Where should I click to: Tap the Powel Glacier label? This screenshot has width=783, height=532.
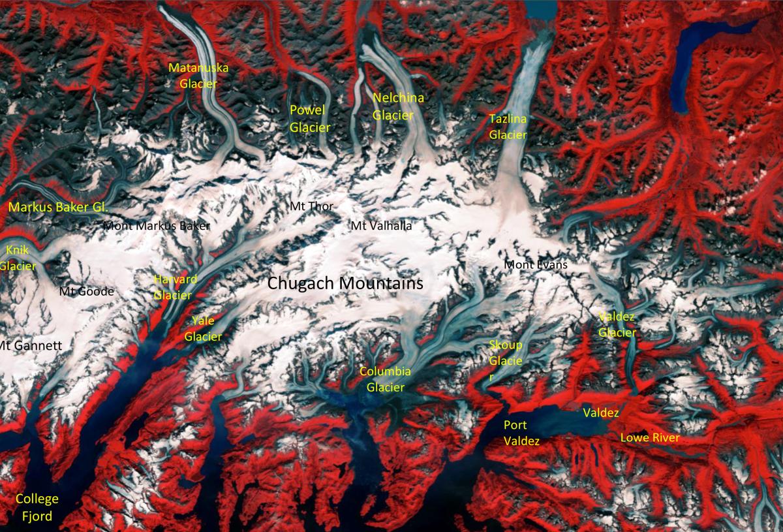click(310, 118)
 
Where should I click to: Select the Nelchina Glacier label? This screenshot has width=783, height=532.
click(398, 106)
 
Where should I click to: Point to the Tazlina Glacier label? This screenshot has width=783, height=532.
click(508, 127)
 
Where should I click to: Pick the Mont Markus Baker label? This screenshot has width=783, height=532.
click(157, 227)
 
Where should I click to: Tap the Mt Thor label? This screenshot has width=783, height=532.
click(311, 206)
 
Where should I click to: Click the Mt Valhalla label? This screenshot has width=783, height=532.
click(381, 226)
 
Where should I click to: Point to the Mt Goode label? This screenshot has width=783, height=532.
click(86, 291)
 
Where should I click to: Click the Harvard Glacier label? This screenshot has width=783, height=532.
click(174, 287)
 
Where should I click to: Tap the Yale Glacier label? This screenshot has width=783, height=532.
click(203, 328)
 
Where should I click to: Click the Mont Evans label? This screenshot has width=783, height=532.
click(536, 265)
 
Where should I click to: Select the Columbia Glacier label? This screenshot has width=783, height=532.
click(385, 379)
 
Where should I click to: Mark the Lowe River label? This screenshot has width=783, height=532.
click(649, 437)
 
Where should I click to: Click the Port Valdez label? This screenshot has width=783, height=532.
click(521, 433)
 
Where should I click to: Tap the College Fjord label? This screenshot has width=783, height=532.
click(37, 508)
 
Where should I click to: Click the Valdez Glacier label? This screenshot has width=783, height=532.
click(617, 324)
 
